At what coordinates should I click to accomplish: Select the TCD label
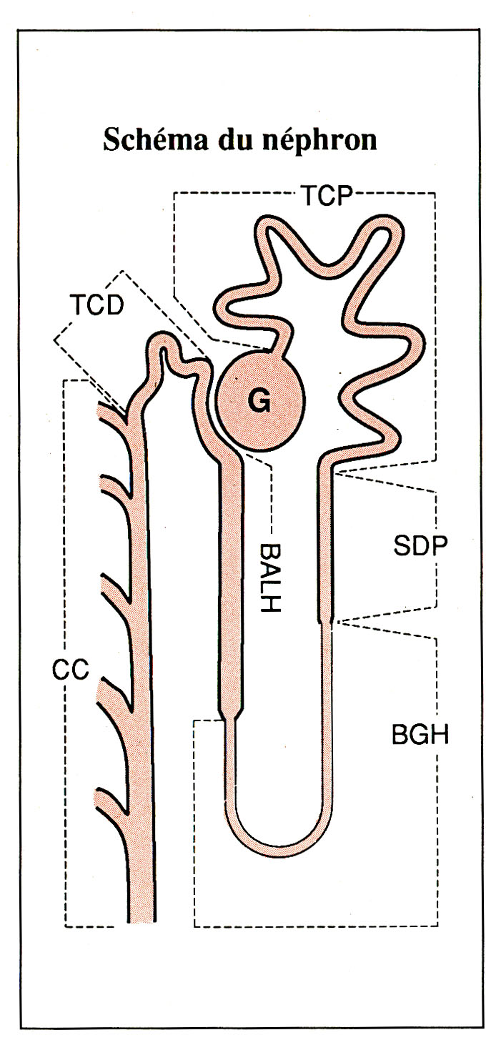coord(96,305)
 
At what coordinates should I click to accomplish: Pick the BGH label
coord(420,733)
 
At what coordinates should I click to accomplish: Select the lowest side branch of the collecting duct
coord(111,798)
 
